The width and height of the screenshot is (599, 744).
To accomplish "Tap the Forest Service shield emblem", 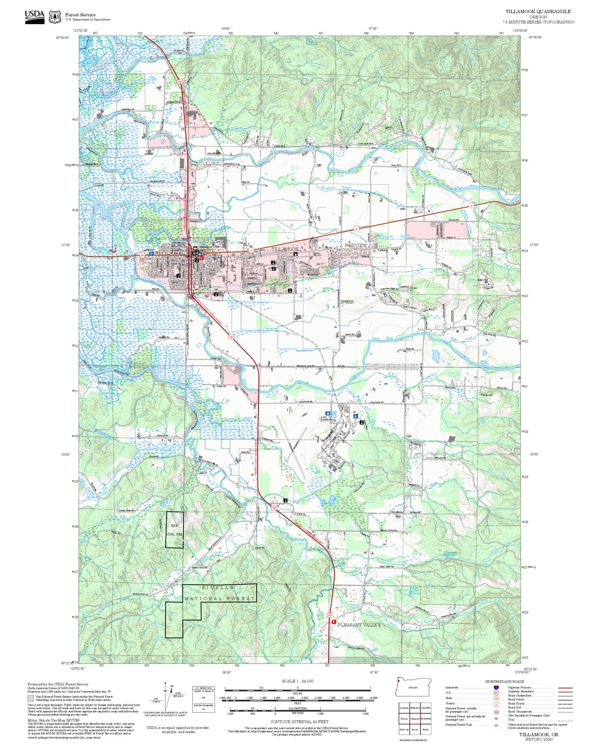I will coord(55,17).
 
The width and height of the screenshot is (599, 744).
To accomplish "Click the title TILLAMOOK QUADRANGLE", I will coord(538,12).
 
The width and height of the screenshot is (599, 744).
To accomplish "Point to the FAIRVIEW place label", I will coord(356,246).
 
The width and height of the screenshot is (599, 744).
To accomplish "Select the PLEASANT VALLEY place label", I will coord(359,625).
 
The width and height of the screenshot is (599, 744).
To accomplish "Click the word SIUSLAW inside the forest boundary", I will coord(218,588).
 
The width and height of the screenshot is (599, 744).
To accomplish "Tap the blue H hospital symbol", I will coord(152,253).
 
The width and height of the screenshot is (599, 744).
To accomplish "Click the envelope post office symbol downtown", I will coord(195,248).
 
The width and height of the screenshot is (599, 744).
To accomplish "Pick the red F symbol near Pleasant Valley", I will coord(334,622).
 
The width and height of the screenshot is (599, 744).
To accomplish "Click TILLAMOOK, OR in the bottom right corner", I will coord(538,734).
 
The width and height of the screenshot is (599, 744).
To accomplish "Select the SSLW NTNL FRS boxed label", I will coord(174,530).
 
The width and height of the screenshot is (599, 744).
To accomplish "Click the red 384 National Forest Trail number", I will coord(496,725).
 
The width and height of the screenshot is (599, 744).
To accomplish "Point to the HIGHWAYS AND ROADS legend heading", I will coord(504,681).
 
